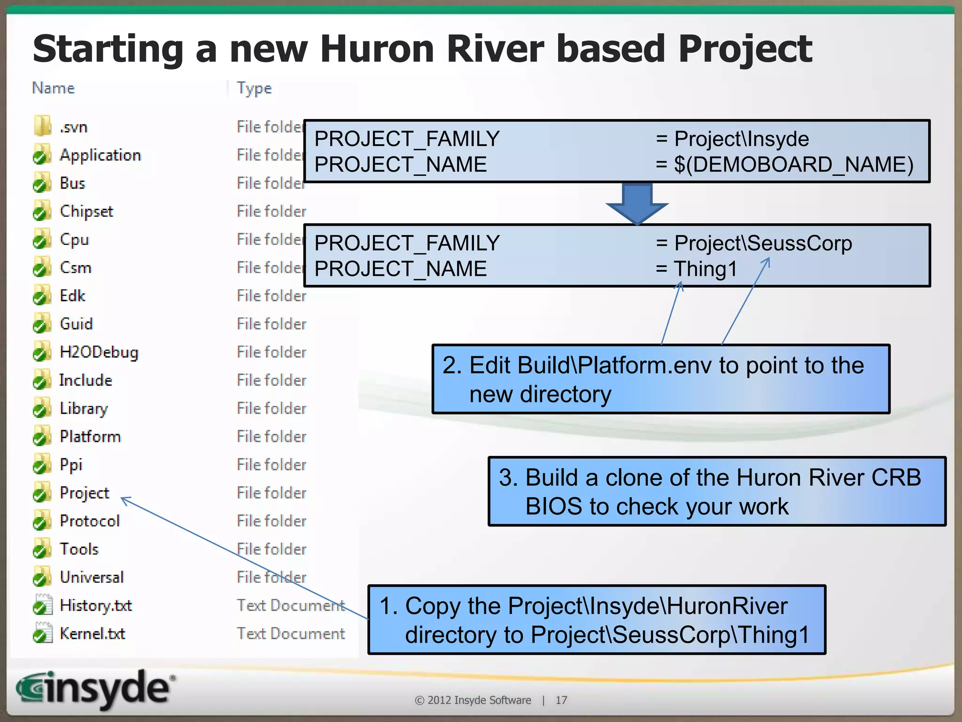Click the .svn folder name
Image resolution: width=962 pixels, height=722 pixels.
tap(73, 127)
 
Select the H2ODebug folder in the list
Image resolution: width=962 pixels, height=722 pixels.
tap(99, 352)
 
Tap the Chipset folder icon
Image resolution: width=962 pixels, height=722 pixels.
tap(42, 212)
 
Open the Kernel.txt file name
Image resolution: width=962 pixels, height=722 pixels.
tap(92, 634)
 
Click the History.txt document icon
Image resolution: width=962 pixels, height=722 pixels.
tap(42, 605)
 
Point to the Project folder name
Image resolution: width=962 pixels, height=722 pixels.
tap(84, 493)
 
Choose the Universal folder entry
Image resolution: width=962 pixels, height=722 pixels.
tap(92, 577)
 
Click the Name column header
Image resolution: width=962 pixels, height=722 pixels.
tap(53, 88)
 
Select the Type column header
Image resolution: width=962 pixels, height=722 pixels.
tap(254, 88)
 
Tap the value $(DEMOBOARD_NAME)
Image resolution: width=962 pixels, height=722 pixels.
tap(793, 165)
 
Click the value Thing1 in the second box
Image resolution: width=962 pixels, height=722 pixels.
tap(706, 269)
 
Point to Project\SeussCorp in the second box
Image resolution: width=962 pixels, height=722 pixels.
tap(763, 243)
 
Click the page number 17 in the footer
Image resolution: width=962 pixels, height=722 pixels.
tap(561, 700)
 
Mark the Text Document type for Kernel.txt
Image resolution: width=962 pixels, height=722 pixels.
tap(290, 634)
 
